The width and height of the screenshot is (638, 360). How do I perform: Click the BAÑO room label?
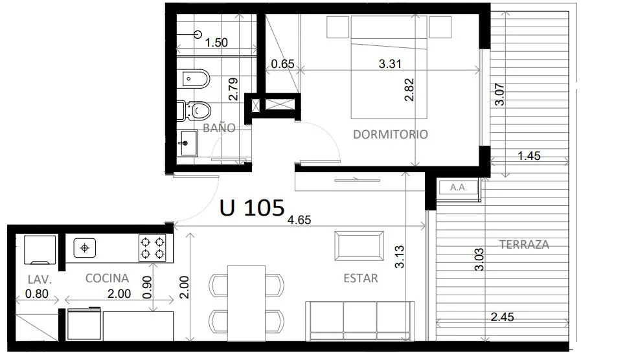pyautogui.click(x=219, y=128)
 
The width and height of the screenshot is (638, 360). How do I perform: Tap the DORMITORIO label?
pyautogui.click(x=390, y=134)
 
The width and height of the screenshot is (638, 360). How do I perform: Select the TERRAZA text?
pyautogui.click(x=524, y=245)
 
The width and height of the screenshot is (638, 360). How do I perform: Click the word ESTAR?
pyautogui.click(x=361, y=278)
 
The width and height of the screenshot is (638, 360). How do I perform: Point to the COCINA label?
pyautogui.click(x=107, y=278)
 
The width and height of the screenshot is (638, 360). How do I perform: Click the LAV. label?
pyautogui.click(x=40, y=280)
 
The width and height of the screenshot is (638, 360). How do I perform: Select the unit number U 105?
pyautogui.click(x=252, y=208)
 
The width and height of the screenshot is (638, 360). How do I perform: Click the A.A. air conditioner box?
pyautogui.click(x=458, y=188)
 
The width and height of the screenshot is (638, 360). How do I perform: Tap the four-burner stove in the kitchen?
pyautogui.click(x=153, y=248)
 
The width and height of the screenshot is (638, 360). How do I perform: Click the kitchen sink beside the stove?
pyautogui.click(x=85, y=248)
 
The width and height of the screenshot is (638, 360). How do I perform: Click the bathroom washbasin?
pyautogui.click(x=187, y=143)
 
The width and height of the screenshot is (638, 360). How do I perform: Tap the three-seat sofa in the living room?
pyautogui.click(x=360, y=321)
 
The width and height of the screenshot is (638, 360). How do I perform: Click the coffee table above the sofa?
pyautogui.click(x=359, y=246)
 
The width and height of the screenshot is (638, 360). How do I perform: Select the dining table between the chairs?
pyautogui.click(x=247, y=304)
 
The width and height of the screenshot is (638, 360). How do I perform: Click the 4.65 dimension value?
pyautogui.click(x=299, y=219)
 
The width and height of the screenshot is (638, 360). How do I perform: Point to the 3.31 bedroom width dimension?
pyautogui.click(x=390, y=64)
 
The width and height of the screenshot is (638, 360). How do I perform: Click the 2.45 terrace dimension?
pyautogui.click(x=502, y=317)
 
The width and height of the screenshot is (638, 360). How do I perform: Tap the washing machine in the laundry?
pyautogui.click(x=40, y=250)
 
